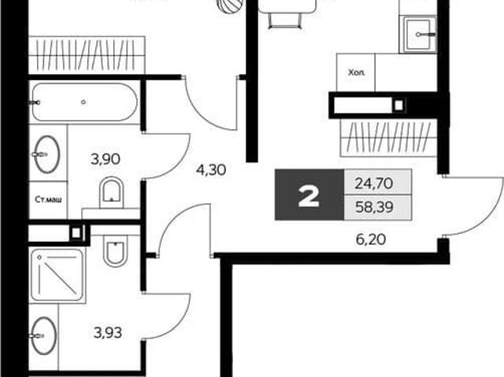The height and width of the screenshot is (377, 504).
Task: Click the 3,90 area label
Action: (106, 159)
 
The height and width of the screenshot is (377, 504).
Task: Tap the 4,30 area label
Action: (211, 170)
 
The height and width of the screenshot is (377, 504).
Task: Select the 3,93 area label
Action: (108, 333)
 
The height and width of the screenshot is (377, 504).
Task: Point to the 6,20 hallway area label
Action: (371, 239)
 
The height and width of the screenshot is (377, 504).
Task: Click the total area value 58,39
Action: (375, 207)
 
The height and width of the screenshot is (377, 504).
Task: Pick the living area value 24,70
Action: (374, 183)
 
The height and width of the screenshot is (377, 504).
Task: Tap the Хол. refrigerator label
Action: (357, 72)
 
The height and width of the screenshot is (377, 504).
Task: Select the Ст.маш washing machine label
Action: (48, 200)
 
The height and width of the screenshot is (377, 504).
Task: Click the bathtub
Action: (84, 102)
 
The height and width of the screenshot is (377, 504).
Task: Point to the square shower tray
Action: (57, 275)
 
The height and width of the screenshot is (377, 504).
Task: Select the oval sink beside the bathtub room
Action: (47, 154)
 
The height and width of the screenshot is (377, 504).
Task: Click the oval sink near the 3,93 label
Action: (45, 336)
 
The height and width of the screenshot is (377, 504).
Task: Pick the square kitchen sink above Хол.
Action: (417, 35)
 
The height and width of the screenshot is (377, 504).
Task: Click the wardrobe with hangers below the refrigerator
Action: (388, 138)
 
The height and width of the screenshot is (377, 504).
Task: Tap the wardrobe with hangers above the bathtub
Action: (87, 55)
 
